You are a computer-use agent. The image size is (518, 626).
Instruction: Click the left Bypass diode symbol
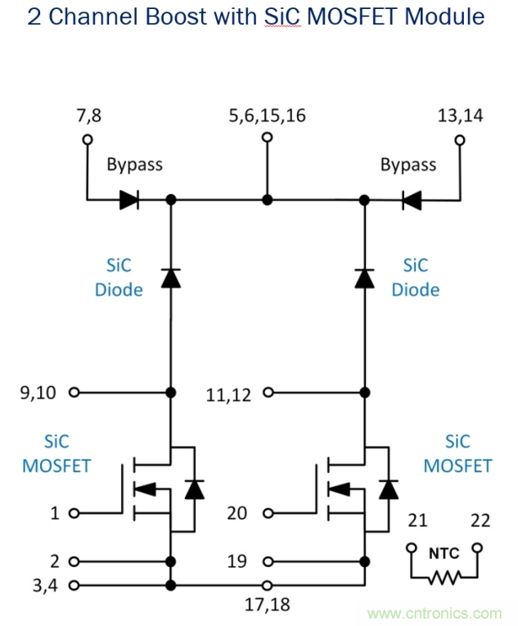(129, 200)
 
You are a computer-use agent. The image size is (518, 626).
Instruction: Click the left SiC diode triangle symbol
(170, 278)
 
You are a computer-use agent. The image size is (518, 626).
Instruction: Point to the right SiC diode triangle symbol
(364, 278)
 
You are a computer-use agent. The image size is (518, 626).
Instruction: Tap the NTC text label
(444, 553)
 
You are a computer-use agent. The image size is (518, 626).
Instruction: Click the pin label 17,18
(268, 605)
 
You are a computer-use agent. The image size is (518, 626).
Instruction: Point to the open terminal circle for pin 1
(74, 514)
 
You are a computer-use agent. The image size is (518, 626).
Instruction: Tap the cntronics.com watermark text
(435, 613)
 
